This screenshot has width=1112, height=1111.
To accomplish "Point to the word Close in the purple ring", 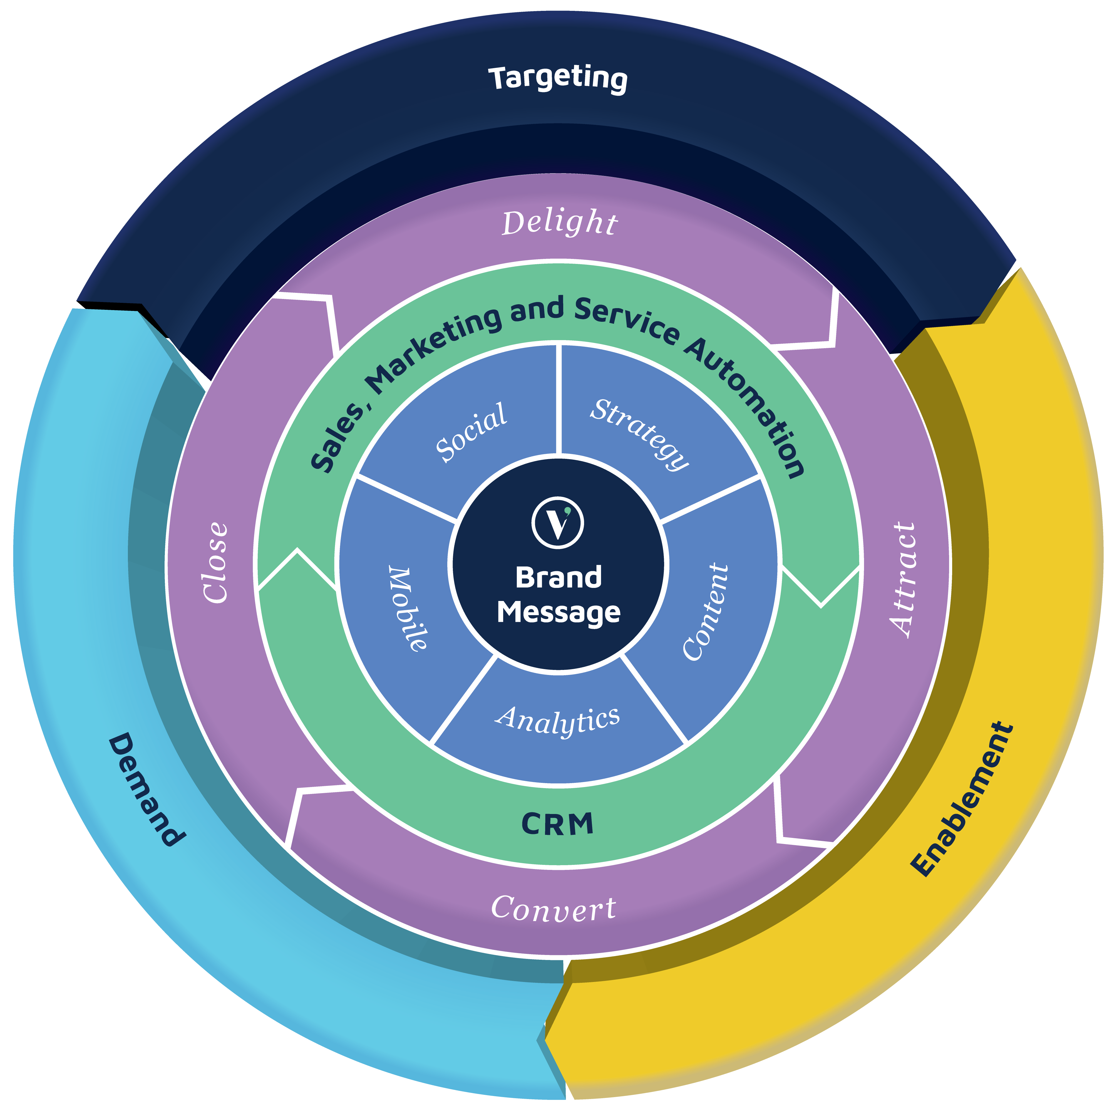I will click(x=216, y=562).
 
